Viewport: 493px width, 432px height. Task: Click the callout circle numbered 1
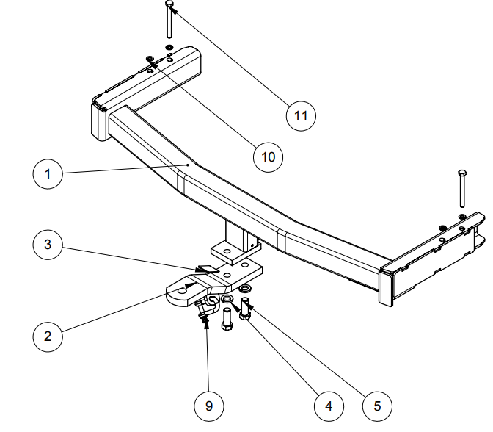pos(48,175)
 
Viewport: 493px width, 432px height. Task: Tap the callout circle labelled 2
pos(48,336)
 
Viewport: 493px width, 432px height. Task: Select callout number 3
pos(48,244)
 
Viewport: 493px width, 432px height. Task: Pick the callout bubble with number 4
pos(328,405)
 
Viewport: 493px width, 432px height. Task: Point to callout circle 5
pos(377,405)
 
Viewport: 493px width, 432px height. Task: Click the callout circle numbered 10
pos(268,156)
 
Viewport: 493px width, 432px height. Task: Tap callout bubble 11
pos(301,115)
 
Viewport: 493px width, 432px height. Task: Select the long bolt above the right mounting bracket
pos(461,190)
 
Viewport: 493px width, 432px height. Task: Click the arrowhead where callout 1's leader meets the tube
pos(189,166)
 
